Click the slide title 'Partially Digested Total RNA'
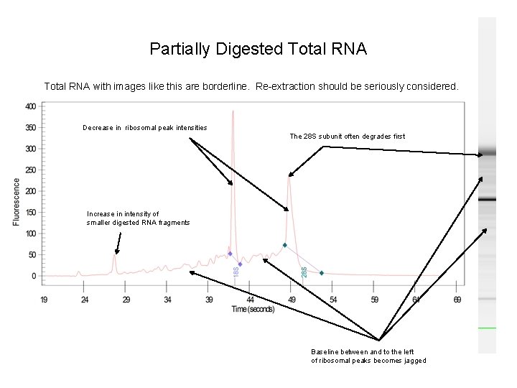click(258, 49)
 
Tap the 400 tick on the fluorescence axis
click(31, 106)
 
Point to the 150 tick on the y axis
click(31, 213)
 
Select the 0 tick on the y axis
click(34, 276)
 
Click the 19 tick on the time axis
click(44, 299)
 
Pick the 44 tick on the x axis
click(251, 299)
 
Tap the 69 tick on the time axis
click(457, 299)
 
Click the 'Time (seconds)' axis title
click(252, 309)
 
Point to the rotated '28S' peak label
click(304, 273)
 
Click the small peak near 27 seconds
click(114, 254)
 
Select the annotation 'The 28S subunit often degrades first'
click(347, 136)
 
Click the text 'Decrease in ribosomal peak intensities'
click(144, 127)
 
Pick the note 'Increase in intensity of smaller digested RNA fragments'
click(138, 218)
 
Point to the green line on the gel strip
click(488, 328)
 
